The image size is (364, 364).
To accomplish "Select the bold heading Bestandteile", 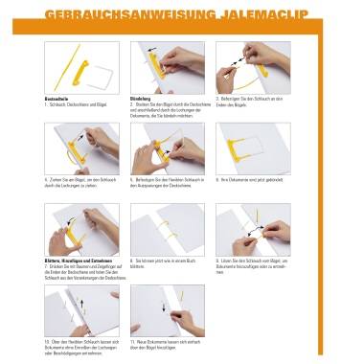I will pos(59,98).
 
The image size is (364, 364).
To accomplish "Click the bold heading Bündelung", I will pos(144,98).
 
